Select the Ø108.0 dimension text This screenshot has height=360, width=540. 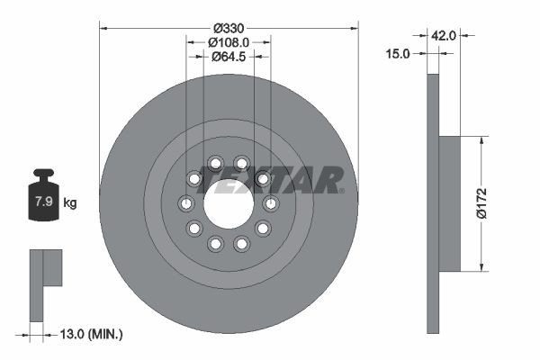click(229, 41)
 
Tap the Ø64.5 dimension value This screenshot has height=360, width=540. click(229, 57)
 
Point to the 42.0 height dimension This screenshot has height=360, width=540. click(445, 35)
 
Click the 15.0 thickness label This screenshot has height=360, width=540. click(397, 54)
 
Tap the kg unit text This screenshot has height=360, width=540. click(70, 202)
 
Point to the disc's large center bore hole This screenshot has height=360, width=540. click(229, 203)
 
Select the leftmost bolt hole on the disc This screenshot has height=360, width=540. click(186, 203)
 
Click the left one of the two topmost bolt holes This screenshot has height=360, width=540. click(215, 163)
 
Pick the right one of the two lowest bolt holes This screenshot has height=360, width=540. click(241, 244)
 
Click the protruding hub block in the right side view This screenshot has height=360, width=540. click(449, 203)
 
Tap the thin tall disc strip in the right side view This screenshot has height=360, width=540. click(432, 203)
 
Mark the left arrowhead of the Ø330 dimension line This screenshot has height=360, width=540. click(103, 26)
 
